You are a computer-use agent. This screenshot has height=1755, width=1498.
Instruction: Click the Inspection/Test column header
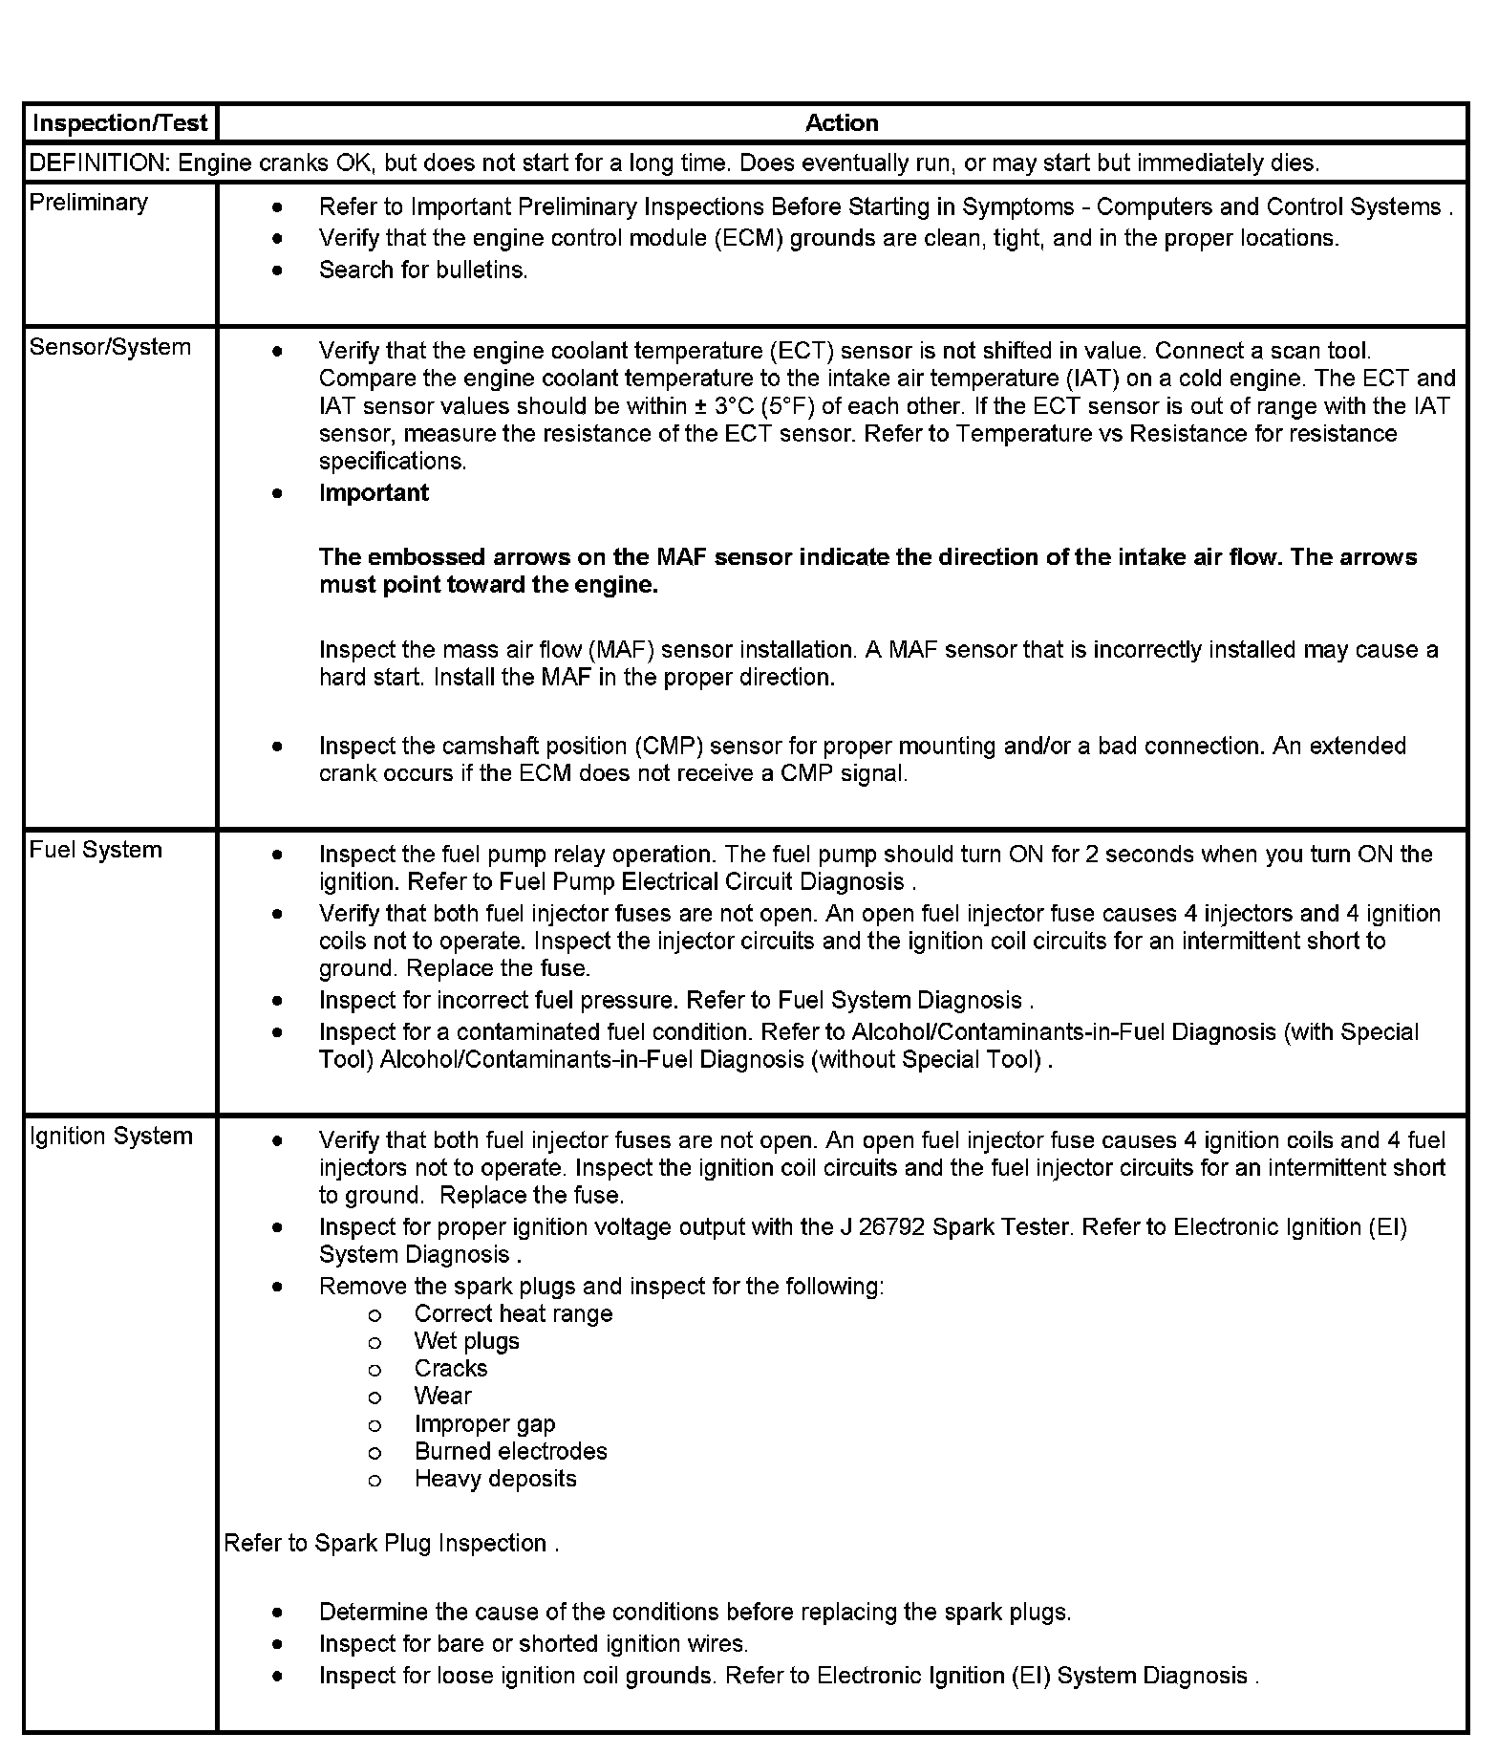[119, 123]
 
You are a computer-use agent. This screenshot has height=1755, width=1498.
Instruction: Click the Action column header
[841, 123]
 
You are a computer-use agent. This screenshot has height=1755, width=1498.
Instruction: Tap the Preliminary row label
[89, 203]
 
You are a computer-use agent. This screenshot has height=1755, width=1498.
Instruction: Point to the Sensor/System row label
[110, 347]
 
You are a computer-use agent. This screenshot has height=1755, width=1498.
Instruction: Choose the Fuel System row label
[96, 850]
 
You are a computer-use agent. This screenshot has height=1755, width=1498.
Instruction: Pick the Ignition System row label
[111, 1136]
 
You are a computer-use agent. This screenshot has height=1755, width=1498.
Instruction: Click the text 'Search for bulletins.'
[423, 271]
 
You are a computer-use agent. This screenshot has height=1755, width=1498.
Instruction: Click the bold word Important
[374, 493]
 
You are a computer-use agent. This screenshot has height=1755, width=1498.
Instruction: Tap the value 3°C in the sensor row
[734, 406]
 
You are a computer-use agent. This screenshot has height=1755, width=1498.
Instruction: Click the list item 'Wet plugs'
[466, 1341]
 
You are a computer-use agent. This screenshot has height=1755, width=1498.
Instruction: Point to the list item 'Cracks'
[450, 1369]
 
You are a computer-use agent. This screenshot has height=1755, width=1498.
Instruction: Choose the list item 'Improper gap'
[484, 1424]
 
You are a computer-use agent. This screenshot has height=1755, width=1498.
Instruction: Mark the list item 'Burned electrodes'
[510, 1452]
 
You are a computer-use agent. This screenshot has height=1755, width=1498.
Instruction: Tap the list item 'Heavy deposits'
[495, 1480]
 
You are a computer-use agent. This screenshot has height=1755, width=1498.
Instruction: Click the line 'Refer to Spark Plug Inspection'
[390, 1544]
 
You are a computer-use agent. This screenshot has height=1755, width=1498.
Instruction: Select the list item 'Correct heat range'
[513, 1314]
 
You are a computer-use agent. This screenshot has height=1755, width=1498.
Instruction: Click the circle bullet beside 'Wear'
[374, 1397]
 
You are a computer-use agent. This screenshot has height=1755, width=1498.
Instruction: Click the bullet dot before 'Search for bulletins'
[277, 271]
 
